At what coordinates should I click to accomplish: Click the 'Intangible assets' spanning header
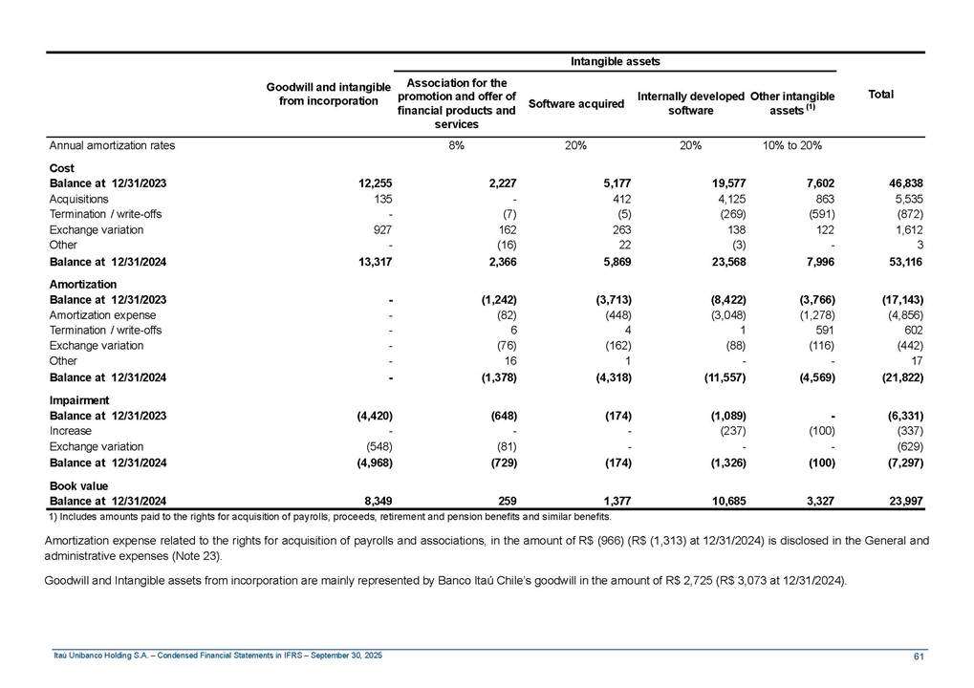[616, 62]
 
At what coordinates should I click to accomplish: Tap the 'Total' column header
[880, 95]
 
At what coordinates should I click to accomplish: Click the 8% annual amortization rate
[456, 146]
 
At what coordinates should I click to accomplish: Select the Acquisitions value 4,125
[726, 199]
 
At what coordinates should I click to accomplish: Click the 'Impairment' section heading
[79, 400]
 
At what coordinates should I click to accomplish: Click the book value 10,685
[726, 502]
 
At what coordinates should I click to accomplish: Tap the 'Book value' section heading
[78, 486]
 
